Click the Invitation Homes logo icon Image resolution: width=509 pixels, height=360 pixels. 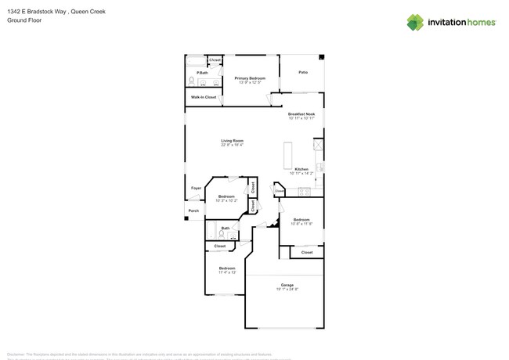415,22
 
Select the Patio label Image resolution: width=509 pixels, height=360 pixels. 303,73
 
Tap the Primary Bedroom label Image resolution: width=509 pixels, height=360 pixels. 250,78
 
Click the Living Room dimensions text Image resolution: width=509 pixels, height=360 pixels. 232,145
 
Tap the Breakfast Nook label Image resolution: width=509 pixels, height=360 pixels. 301,114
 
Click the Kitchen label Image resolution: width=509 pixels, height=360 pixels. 301,169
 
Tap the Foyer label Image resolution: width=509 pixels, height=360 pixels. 196,188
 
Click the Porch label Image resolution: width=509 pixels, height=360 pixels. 193,211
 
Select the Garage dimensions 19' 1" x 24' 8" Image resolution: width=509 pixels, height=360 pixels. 287,289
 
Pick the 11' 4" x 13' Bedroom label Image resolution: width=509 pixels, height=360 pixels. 226,268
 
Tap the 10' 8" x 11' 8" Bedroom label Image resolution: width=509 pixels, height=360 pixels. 301,220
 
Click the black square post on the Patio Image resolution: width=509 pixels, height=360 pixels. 322,56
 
